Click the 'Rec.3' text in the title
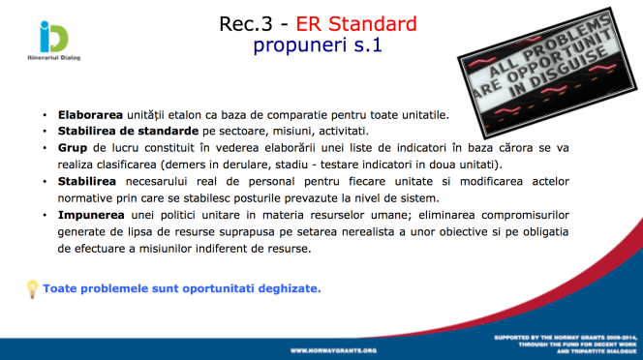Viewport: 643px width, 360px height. (245, 23)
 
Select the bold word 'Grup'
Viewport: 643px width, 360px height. (73, 148)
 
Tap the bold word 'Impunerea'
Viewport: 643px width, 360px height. (89, 215)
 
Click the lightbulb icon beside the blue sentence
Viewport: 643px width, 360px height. (31, 287)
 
